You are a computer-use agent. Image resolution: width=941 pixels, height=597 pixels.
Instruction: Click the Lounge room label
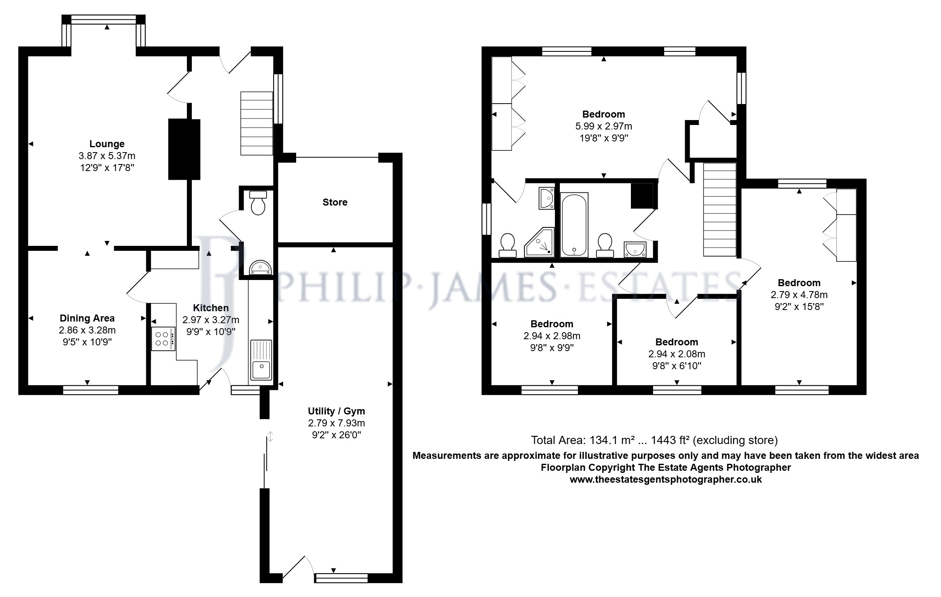click(x=107, y=144)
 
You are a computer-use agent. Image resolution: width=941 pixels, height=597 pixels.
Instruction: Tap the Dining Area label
click(x=87, y=318)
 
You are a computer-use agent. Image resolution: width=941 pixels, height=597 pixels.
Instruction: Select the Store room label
click(x=335, y=202)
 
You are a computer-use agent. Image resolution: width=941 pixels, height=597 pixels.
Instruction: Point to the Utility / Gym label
click(x=336, y=411)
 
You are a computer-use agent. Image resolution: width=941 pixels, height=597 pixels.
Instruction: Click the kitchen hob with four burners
click(x=163, y=339)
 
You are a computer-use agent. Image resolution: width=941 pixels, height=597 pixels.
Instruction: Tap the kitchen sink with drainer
click(x=261, y=360)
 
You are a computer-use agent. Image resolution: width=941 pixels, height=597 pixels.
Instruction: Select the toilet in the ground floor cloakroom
click(x=258, y=203)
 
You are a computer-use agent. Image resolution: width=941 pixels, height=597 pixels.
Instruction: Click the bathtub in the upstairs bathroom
click(x=574, y=224)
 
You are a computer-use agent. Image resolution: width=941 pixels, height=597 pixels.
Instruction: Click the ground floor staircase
click(x=257, y=123)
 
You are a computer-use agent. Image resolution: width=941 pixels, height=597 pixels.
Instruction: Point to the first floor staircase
click(x=720, y=209)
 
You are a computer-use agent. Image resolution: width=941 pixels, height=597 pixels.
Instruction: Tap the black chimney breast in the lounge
click(x=184, y=149)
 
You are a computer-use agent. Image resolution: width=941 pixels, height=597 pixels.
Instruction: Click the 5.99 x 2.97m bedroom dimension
click(x=604, y=126)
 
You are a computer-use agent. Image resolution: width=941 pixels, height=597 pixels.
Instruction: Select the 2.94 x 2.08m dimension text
click(x=676, y=354)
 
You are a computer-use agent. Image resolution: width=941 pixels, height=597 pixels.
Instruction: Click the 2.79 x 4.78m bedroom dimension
click(x=799, y=295)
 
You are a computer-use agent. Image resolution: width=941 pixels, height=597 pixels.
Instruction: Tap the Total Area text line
click(x=654, y=440)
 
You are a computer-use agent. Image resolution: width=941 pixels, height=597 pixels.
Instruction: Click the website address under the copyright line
click(x=665, y=479)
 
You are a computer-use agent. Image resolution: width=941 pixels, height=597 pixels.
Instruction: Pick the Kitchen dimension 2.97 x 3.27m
click(x=211, y=319)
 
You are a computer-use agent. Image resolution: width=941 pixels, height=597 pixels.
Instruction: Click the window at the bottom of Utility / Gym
click(x=341, y=578)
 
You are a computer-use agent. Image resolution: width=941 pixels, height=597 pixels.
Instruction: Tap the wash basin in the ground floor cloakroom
click(x=260, y=267)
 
